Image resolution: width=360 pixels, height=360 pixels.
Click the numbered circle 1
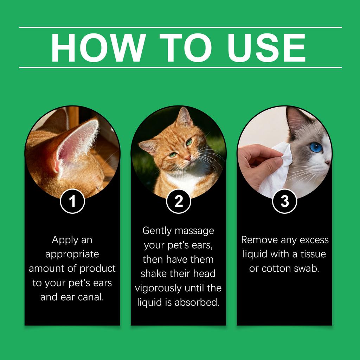[72, 201]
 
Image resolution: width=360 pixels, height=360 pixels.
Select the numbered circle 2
[179, 201]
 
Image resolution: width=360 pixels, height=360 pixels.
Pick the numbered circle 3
[284, 201]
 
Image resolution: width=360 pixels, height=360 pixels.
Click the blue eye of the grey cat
[316, 147]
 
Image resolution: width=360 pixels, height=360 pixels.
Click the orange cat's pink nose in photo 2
[188, 159]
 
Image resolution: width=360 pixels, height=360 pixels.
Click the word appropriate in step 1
[72, 254]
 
